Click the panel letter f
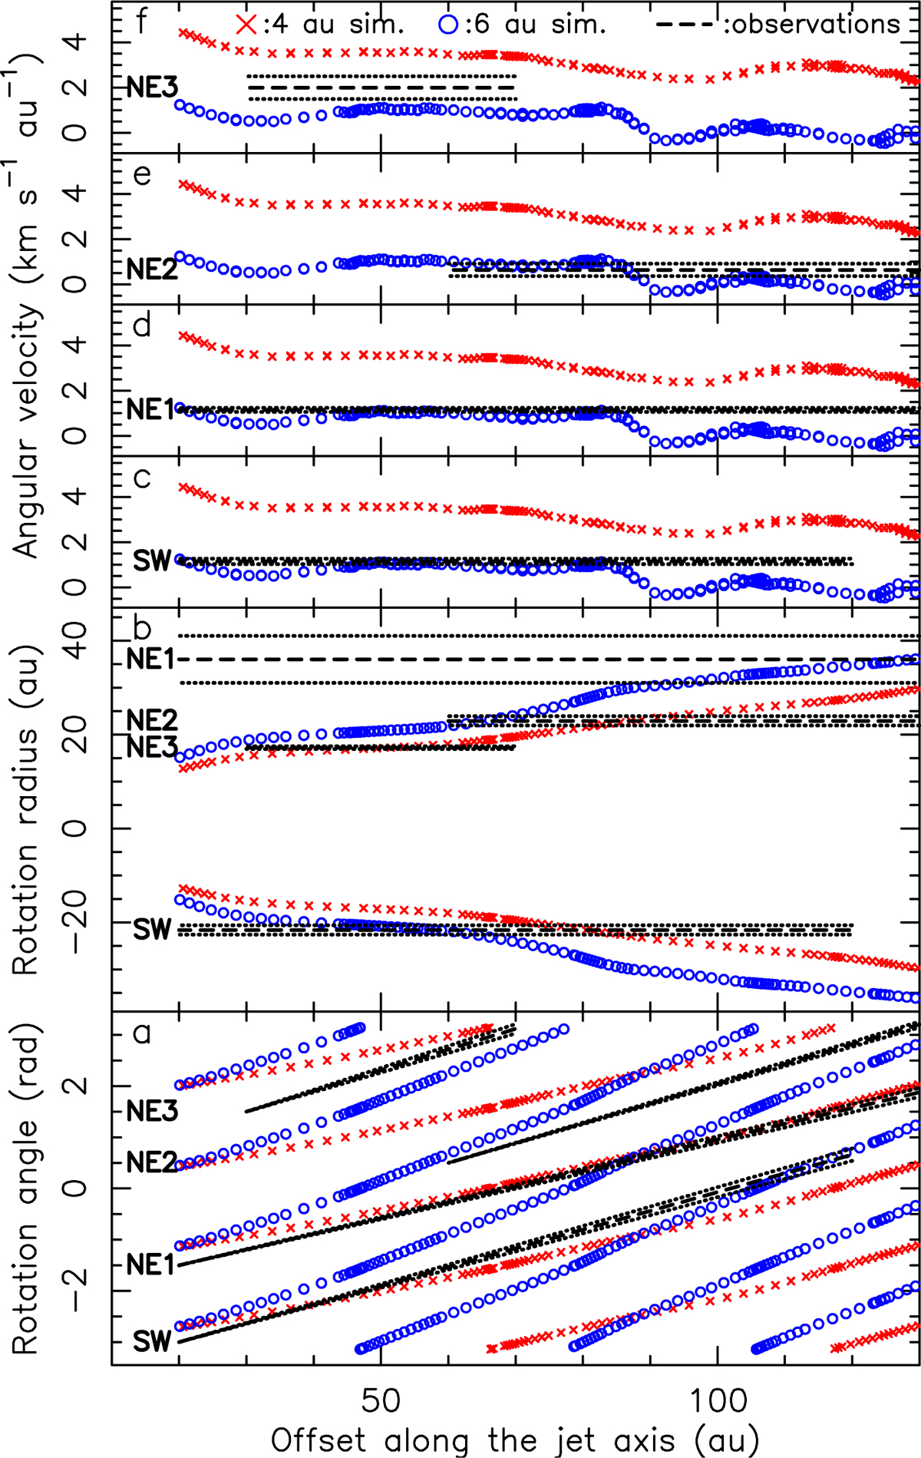[x=141, y=21]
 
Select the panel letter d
[x=142, y=326]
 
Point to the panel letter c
[x=141, y=479]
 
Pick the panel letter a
[x=142, y=1033]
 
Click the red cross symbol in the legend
[x=246, y=25]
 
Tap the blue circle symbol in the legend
[x=451, y=25]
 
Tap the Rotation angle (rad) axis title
[x=26, y=1186]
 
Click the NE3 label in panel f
[x=152, y=88]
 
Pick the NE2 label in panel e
[x=152, y=269]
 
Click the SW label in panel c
[x=152, y=560]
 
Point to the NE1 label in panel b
[x=151, y=660]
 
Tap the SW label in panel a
[x=152, y=1341]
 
